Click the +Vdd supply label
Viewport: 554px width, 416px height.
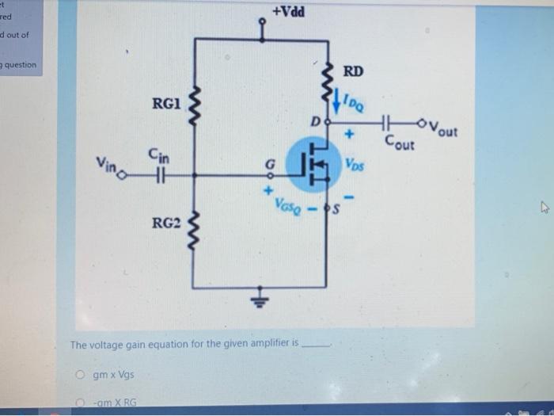[x=286, y=13]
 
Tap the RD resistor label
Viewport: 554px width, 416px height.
[x=353, y=72]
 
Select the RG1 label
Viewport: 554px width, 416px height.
[x=167, y=103]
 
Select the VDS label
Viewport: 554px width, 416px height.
[x=354, y=165]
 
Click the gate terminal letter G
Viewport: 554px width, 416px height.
[x=269, y=165]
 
